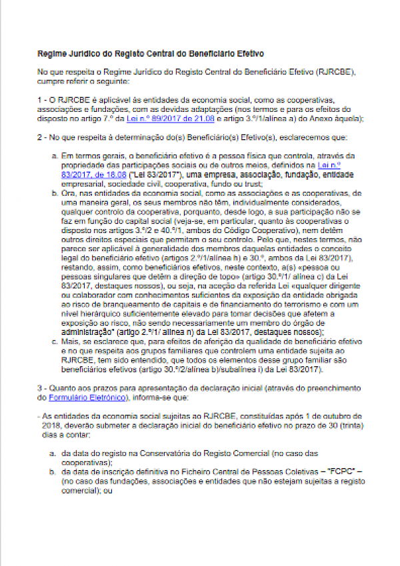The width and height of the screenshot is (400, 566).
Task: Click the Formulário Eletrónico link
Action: (x=87, y=398)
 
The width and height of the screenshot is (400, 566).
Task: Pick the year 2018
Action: (x=49, y=424)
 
